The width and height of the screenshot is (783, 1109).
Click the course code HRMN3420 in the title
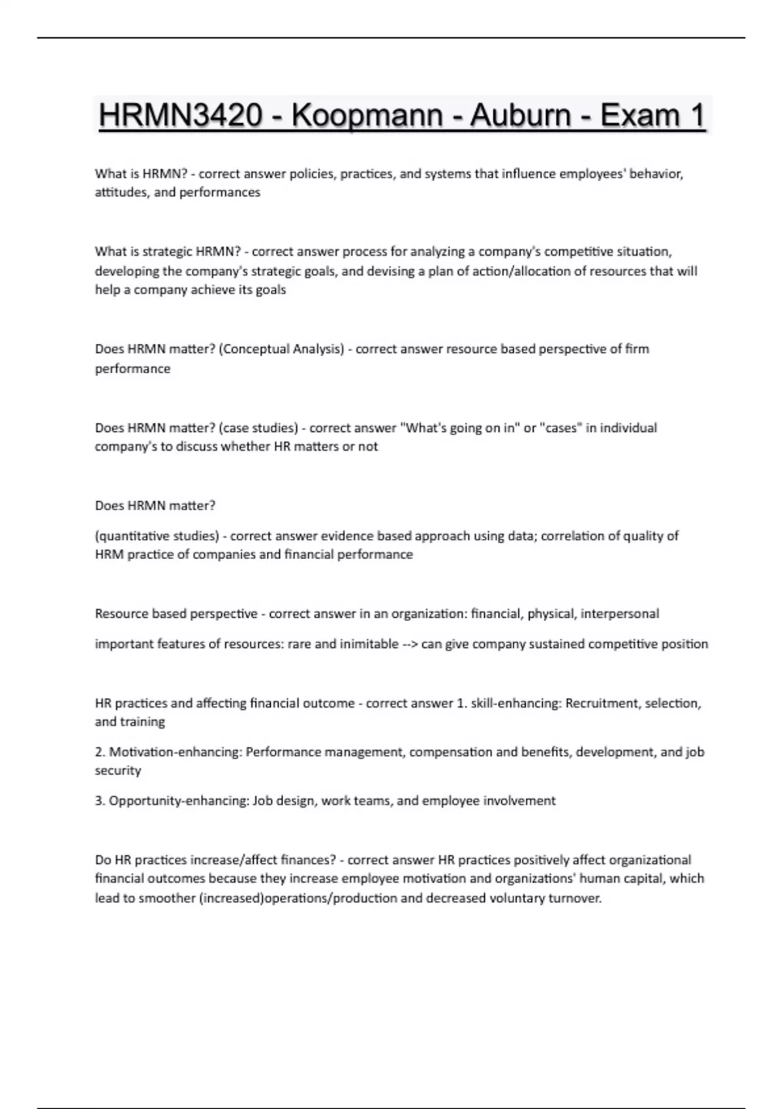180,116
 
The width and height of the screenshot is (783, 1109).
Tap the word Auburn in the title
520,116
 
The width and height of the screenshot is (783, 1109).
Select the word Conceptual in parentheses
253,349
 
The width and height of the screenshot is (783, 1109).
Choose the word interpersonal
620,614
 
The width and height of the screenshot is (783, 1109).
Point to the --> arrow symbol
410,645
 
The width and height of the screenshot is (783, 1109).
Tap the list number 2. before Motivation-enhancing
100,752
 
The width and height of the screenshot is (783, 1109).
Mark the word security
118,770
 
